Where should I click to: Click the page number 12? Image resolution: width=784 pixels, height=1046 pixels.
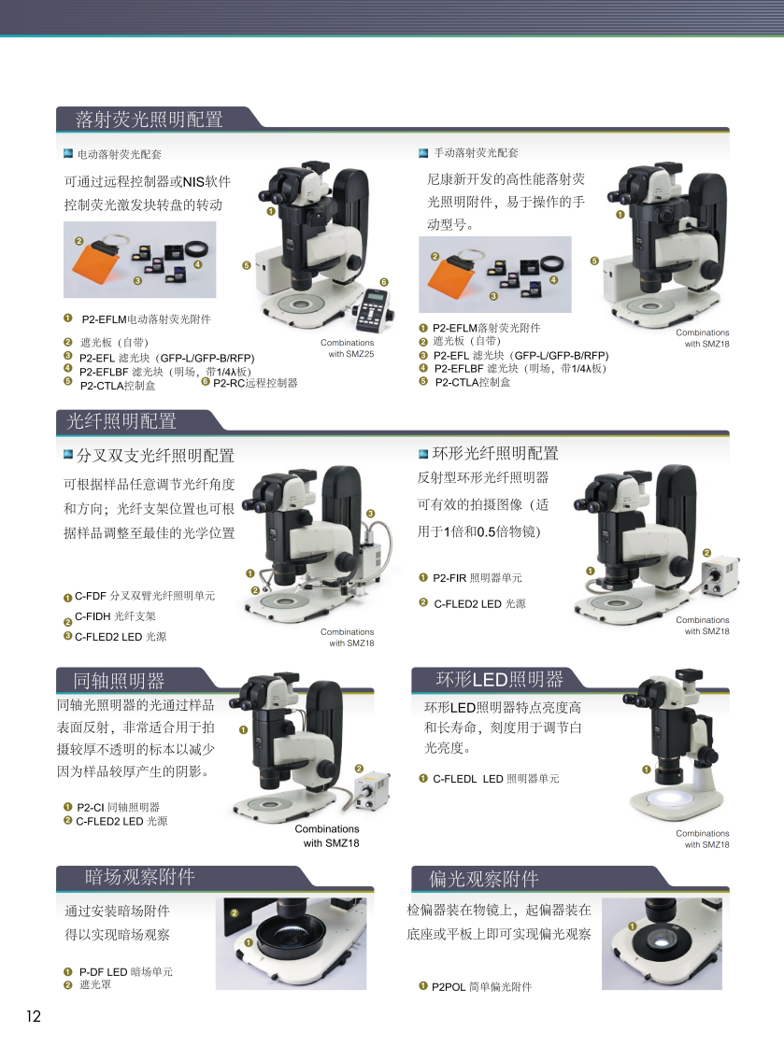coord(34,1016)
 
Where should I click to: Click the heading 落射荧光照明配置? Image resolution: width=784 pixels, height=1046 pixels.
coord(149,120)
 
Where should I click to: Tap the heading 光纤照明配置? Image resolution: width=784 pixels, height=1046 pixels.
coord(121,421)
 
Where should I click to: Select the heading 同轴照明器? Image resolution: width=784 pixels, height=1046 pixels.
coord(119,681)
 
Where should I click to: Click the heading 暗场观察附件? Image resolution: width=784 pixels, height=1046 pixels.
coord(139,877)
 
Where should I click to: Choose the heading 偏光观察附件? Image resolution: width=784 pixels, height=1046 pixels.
coord(483,879)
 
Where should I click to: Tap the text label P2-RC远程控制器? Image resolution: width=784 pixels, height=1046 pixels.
coord(255,383)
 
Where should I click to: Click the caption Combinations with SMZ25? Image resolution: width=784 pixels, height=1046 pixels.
coord(348,348)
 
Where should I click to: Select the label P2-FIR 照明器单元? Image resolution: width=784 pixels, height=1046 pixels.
coord(478,578)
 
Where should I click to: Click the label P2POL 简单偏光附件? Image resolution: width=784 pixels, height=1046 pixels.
coord(481,986)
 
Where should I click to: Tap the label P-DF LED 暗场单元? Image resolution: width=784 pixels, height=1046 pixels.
coord(125,972)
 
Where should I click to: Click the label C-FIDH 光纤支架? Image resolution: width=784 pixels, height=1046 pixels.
coord(115,615)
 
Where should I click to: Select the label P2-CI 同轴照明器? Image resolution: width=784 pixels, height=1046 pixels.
coord(118,807)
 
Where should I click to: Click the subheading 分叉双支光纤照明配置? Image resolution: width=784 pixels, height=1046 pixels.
coord(155,456)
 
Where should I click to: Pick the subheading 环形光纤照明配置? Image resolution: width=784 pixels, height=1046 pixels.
coord(495,454)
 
